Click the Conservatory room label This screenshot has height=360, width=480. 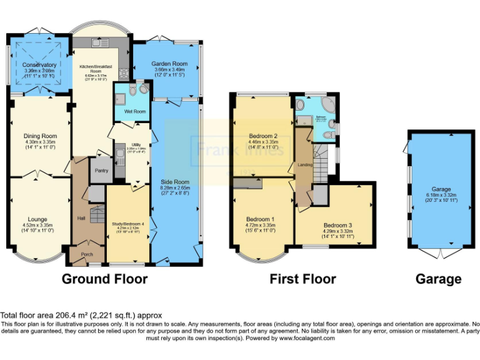pyautogui.click(x=39, y=65)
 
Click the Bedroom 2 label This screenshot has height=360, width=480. pyautogui.click(x=262, y=135)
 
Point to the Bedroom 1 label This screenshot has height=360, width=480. pyautogui.click(x=262, y=219)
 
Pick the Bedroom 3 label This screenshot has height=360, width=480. pyautogui.click(x=337, y=225)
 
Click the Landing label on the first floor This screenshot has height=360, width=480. pyautogui.click(x=305, y=164)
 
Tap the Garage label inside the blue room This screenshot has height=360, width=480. pyautogui.click(x=441, y=189)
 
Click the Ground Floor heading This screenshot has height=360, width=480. pyautogui.click(x=104, y=279)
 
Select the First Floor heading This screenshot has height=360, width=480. pyautogui.click(x=302, y=279)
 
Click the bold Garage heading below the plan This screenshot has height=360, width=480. pyautogui.click(x=439, y=279)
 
